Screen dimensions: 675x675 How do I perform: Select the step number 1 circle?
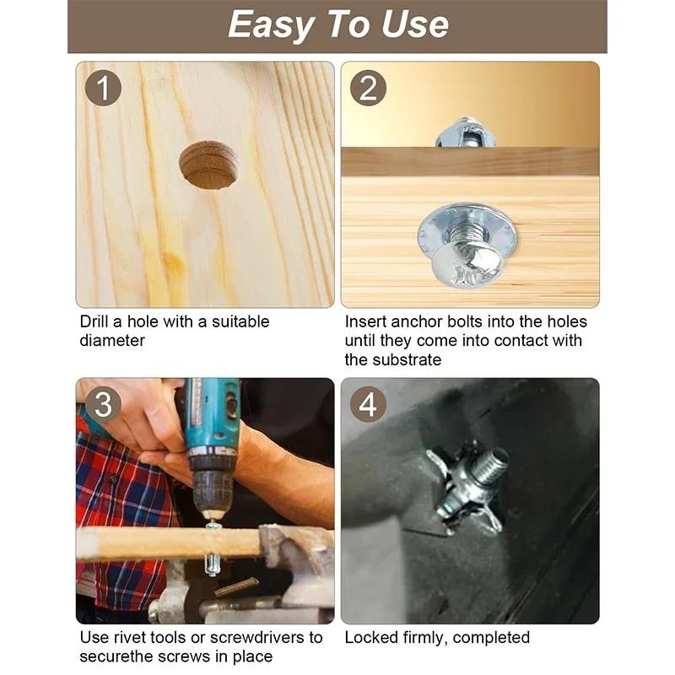[x=103, y=89]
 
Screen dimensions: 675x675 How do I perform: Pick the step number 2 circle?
[x=368, y=89]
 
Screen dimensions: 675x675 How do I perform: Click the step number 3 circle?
[x=103, y=404]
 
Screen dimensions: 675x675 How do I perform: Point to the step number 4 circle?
[x=368, y=404]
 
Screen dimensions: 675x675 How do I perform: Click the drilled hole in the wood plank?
[x=209, y=165]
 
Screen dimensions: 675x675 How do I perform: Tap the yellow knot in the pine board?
[x=174, y=262]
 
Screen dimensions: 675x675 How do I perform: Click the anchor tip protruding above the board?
[x=466, y=132]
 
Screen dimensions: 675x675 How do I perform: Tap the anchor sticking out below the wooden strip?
[x=213, y=564]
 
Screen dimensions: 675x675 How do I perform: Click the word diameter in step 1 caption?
[x=112, y=341]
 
